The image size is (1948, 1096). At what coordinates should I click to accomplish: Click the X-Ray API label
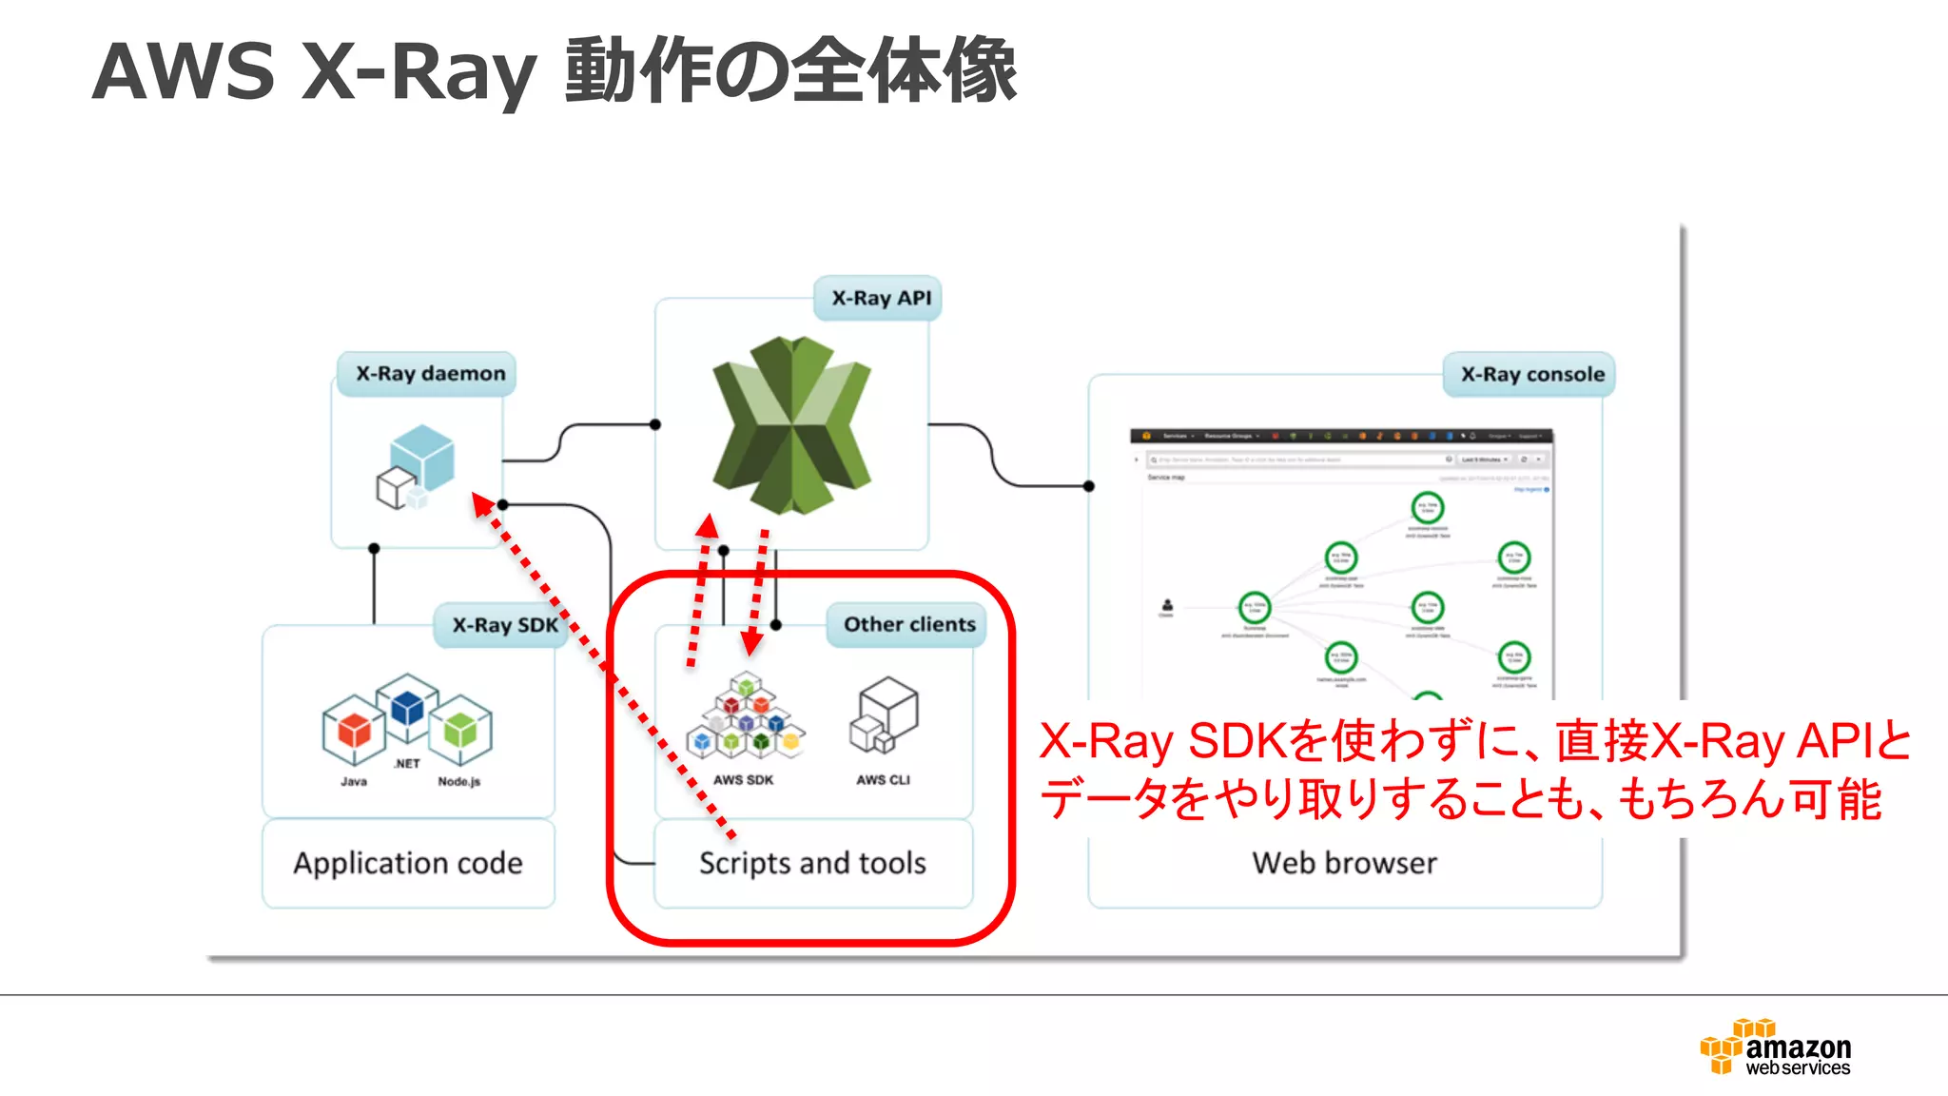(881, 298)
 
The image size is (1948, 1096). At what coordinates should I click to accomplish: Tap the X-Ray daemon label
(430, 373)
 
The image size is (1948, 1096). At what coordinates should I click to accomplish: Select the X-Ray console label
(1531, 374)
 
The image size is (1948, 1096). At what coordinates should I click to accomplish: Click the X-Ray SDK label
(504, 625)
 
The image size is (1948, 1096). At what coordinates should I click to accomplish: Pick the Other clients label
(908, 624)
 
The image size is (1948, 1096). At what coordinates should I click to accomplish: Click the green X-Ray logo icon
(791, 424)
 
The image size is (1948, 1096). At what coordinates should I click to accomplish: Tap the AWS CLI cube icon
(884, 714)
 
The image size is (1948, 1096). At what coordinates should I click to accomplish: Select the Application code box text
(408, 863)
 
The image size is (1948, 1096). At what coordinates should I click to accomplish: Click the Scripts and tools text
(812, 863)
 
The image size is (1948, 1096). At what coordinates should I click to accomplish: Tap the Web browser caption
(1344, 863)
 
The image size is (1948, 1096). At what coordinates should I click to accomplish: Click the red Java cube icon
(354, 730)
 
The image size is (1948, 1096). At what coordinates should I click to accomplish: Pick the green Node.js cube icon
(460, 730)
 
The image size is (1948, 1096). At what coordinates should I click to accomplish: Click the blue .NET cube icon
(407, 707)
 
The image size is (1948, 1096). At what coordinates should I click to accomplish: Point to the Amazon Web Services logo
(1776, 1047)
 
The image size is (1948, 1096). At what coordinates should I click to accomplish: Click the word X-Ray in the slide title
(419, 71)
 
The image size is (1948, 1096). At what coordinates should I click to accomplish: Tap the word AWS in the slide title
(184, 71)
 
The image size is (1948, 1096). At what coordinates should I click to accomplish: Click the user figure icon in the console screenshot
(1167, 605)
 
